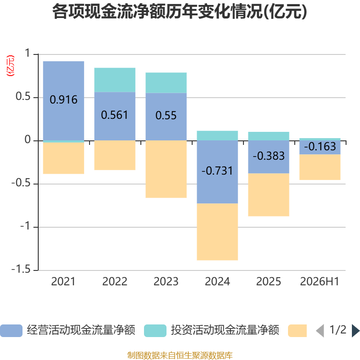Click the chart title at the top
coord(180,12)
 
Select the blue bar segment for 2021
coord(63,101)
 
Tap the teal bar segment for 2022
coord(115,80)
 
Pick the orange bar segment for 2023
coord(166,169)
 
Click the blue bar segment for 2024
coord(217,172)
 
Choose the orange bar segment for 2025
coord(269,195)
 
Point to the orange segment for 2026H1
coord(320,167)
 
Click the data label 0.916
coord(63,99)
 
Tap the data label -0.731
coord(217,171)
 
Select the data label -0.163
coord(320,146)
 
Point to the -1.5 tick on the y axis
coord(21,269)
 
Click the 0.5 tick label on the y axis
coord(23,96)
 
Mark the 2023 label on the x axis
coord(166,282)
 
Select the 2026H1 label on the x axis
coord(320,282)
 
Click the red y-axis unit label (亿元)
coord(10,66)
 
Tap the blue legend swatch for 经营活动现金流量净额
coord(11,331)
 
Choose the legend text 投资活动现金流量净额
coord(225,330)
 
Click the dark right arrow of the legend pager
coord(355,331)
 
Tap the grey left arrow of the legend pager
coord(320,331)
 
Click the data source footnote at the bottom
coord(180,355)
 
